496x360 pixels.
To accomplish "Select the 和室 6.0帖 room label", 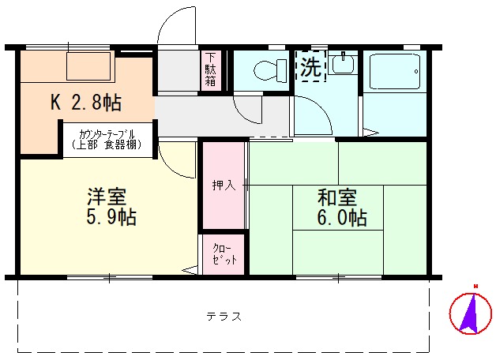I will [340, 207].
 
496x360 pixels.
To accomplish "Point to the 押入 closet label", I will [223, 186].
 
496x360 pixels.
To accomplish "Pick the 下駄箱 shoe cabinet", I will [211, 69].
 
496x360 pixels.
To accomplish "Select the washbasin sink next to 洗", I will [341, 64].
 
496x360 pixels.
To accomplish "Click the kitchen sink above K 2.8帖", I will [87, 66].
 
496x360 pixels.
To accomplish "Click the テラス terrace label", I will [224, 317].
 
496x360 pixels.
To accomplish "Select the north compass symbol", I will [470, 312].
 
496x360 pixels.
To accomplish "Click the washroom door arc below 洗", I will [316, 117].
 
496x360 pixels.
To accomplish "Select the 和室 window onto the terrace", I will [339, 277].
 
